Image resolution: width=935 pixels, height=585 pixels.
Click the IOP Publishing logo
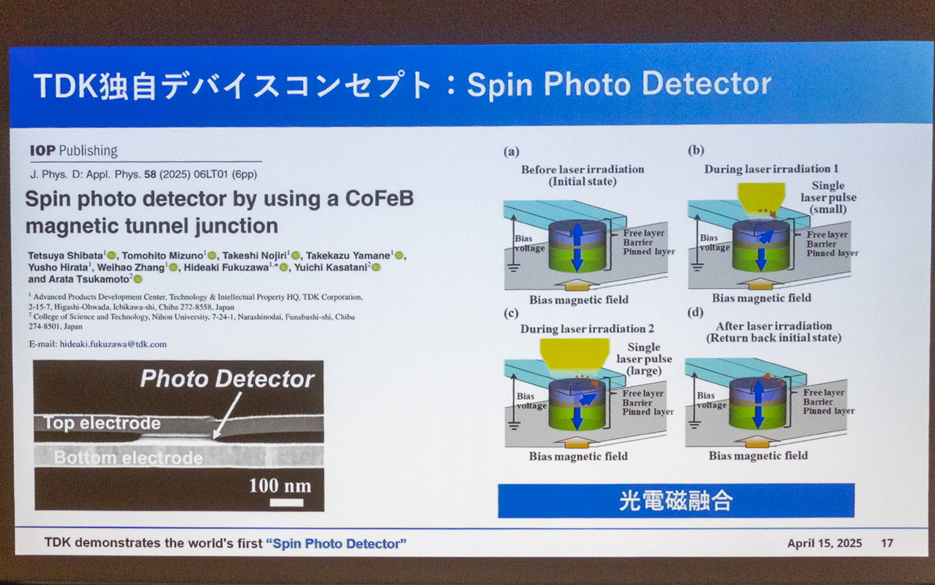[x=74, y=151]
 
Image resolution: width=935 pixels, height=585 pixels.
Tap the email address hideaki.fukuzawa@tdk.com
[x=113, y=344]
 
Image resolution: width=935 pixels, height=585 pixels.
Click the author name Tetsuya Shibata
[x=66, y=255]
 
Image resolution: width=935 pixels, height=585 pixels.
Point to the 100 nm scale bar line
[x=286, y=502]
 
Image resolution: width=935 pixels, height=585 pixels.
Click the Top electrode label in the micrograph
[x=102, y=423]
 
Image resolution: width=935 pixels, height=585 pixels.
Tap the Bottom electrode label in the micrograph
[x=128, y=457]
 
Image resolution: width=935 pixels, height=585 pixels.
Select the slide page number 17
[x=887, y=543]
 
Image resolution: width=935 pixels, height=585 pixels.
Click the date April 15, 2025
[x=824, y=543]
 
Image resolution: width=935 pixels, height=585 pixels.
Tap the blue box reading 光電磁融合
[x=676, y=501]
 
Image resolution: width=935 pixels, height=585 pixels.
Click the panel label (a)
[x=511, y=152]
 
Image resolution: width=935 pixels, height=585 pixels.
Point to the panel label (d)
[x=695, y=312]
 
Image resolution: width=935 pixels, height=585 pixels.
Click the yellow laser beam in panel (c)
[x=575, y=353]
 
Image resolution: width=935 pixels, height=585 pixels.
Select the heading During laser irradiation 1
[x=771, y=169]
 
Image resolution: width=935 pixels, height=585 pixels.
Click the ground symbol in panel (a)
[x=514, y=267]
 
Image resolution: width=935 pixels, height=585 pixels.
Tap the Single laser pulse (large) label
[x=644, y=359]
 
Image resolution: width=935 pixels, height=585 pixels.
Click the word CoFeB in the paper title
[x=379, y=199]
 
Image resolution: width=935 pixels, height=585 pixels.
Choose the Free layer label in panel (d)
[x=823, y=392]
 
